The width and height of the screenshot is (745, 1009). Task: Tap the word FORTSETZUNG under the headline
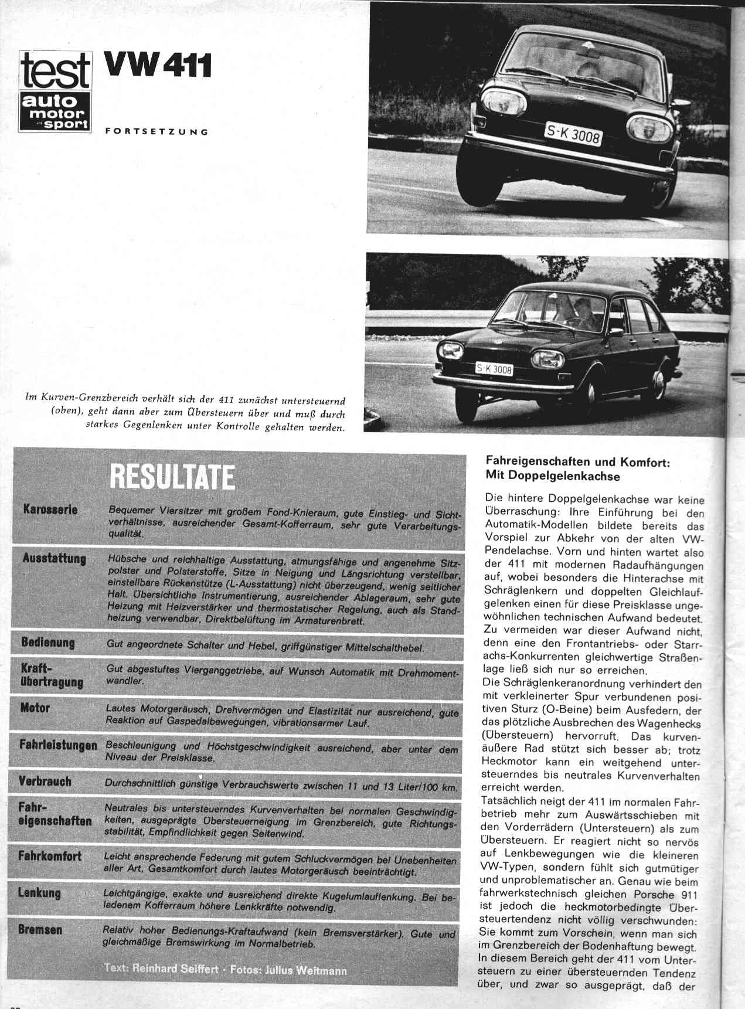tap(157, 131)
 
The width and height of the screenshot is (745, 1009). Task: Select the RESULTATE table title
tap(172, 477)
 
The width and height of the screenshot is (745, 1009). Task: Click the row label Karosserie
tap(50, 509)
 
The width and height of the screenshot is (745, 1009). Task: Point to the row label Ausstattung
tap(54, 559)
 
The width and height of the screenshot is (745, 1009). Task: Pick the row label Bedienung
tap(47, 643)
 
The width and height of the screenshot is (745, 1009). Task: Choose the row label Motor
tap(35, 708)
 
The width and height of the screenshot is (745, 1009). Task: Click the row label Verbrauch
tap(45, 782)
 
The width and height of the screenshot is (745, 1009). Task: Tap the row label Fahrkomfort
tap(50, 856)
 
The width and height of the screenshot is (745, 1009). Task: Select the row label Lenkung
tap(39, 893)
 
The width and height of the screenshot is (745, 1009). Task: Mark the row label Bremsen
tap(40, 930)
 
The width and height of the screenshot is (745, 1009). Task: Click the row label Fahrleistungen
tap(58, 746)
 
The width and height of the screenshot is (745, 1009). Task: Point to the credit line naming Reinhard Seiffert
tap(225, 969)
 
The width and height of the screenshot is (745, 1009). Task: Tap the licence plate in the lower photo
tap(494, 369)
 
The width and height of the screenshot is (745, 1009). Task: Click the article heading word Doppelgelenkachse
tap(553, 476)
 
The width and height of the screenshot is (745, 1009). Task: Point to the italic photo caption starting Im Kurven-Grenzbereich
tap(185, 413)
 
